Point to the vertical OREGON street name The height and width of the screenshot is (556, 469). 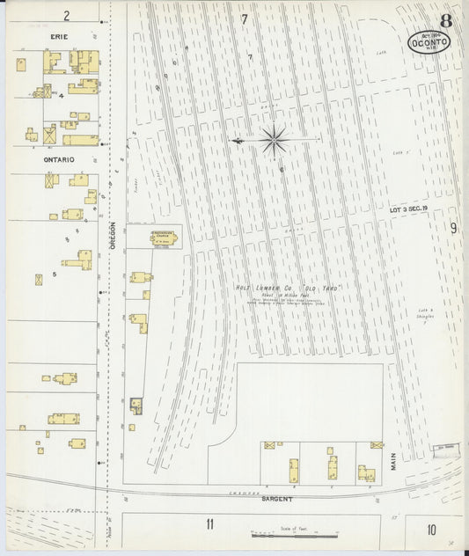(x=114, y=237)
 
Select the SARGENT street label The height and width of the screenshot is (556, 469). (x=277, y=499)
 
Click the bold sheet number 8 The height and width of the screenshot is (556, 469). (x=447, y=19)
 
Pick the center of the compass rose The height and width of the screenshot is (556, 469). (x=274, y=138)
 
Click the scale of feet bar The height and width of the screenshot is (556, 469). (x=292, y=534)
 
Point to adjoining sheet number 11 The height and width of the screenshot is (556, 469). (x=209, y=524)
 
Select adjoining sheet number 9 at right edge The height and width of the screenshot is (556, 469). (x=453, y=228)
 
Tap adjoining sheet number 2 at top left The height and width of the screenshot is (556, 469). (x=66, y=15)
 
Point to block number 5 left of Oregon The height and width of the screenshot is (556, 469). (x=54, y=274)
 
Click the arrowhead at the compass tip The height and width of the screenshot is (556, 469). (x=233, y=140)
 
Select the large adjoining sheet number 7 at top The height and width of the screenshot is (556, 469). (x=244, y=18)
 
